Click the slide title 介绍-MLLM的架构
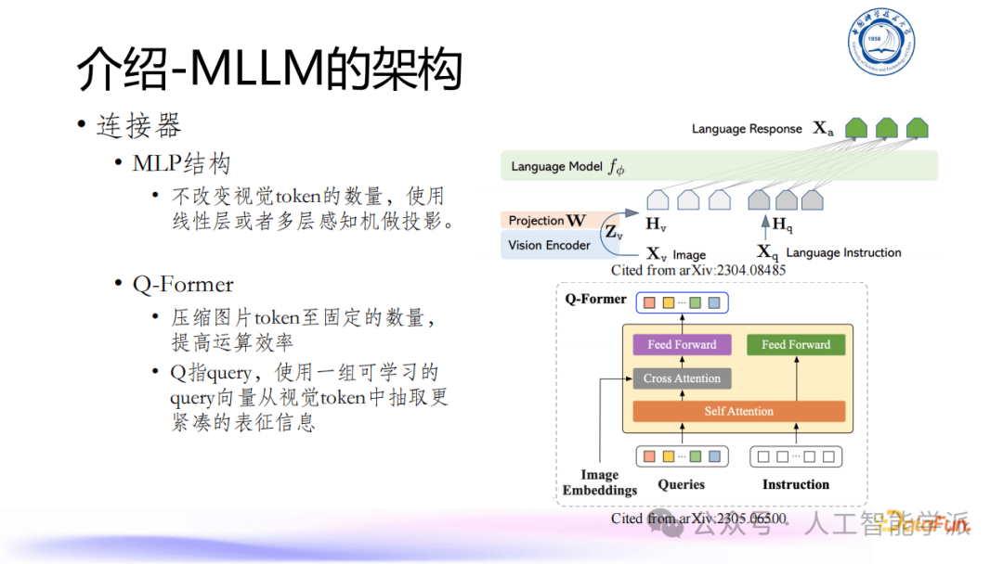[x=269, y=69]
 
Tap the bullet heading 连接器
[x=138, y=125]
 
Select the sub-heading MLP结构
[x=181, y=164]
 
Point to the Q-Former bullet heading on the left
[x=183, y=284]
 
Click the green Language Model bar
[x=719, y=166]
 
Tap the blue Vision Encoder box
[x=549, y=245]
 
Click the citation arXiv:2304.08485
[x=698, y=270]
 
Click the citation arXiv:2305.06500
[x=698, y=519]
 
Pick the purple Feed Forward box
[x=682, y=345]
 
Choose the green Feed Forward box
[x=796, y=345]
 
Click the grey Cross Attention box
[x=682, y=378]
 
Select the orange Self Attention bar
[x=738, y=411]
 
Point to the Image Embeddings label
[x=599, y=482]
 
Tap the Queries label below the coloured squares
[x=681, y=484]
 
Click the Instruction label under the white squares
[x=796, y=484]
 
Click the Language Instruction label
[x=843, y=252]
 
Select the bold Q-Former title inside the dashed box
[x=595, y=300]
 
